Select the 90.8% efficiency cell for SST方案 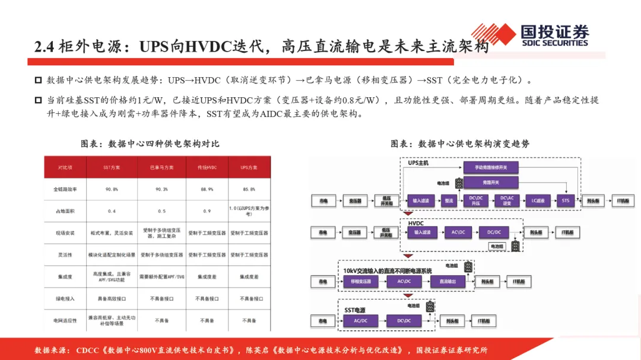coord(111,189)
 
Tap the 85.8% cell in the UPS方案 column coord(249,189)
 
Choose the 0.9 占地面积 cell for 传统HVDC coord(207,211)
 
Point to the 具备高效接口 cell coord(111,299)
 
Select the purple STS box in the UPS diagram coord(566,201)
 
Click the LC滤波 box coord(538,201)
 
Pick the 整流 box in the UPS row coord(449,201)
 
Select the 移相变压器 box coord(361,282)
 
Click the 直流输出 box coord(448,282)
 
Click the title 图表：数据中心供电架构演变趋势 coord(460,144)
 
